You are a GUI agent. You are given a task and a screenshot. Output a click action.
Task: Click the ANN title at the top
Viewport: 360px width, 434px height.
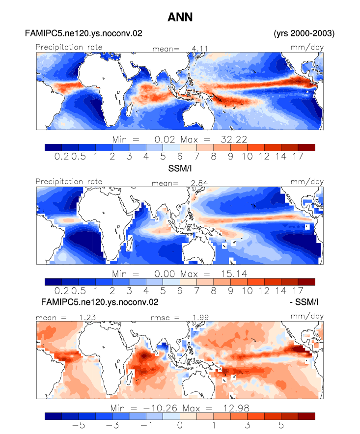(x=180, y=17)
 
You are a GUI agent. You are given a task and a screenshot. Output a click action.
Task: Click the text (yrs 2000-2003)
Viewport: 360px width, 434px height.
(x=304, y=33)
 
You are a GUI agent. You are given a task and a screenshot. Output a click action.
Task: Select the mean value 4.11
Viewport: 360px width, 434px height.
(x=200, y=49)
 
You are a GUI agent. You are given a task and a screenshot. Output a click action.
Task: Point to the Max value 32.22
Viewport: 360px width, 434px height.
(x=234, y=139)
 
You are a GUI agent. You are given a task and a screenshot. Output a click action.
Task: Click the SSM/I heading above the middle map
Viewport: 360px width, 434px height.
(x=180, y=168)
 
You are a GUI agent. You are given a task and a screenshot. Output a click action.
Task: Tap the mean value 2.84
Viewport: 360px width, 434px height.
(x=199, y=183)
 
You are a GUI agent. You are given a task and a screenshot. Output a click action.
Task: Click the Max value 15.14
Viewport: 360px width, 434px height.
(x=234, y=274)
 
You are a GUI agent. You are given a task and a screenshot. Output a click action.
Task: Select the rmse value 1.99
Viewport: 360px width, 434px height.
(x=200, y=318)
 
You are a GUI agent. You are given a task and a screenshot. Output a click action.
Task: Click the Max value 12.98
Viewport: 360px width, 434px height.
(x=236, y=408)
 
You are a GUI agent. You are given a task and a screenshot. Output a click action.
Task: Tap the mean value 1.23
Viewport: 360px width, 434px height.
(x=87, y=318)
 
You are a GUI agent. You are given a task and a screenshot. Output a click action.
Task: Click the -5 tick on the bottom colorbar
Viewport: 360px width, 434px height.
(x=79, y=425)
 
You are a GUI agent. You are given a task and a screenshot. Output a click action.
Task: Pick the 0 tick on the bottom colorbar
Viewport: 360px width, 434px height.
(x=180, y=425)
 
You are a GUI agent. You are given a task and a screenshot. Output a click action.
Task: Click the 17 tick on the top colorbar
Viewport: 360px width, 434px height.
(x=298, y=157)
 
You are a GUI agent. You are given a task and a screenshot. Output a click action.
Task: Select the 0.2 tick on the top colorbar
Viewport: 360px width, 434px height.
(x=61, y=157)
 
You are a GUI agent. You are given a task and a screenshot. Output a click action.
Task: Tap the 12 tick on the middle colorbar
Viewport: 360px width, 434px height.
(x=264, y=291)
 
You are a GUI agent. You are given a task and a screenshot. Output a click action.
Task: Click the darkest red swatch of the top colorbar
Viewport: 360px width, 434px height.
(x=306, y=147)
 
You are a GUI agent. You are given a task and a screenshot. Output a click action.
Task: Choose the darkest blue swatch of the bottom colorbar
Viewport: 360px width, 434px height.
(x=53, y=416)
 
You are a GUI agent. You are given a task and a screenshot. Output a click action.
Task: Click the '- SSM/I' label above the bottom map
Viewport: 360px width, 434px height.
(x=304, y=302)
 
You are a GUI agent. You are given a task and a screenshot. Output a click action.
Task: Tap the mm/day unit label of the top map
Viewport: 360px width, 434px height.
(x=307, y=47)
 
